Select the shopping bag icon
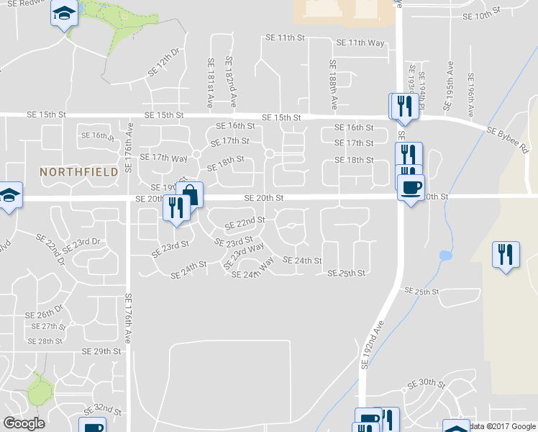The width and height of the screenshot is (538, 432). tap(191, 194)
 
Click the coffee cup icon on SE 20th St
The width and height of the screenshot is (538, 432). tap(411, 188)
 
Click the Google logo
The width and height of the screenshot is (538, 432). tap(24, 423)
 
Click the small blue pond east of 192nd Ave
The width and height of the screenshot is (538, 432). tap(444, 256)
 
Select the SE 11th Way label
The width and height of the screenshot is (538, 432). tap(366, 43)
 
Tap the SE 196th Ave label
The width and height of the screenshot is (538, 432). tap(470, 94)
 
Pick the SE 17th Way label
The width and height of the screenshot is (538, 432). tap(163, 158)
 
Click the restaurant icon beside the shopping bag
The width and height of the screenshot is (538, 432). tap(176, 208)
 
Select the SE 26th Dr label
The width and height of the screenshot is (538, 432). tap(45, 314)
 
